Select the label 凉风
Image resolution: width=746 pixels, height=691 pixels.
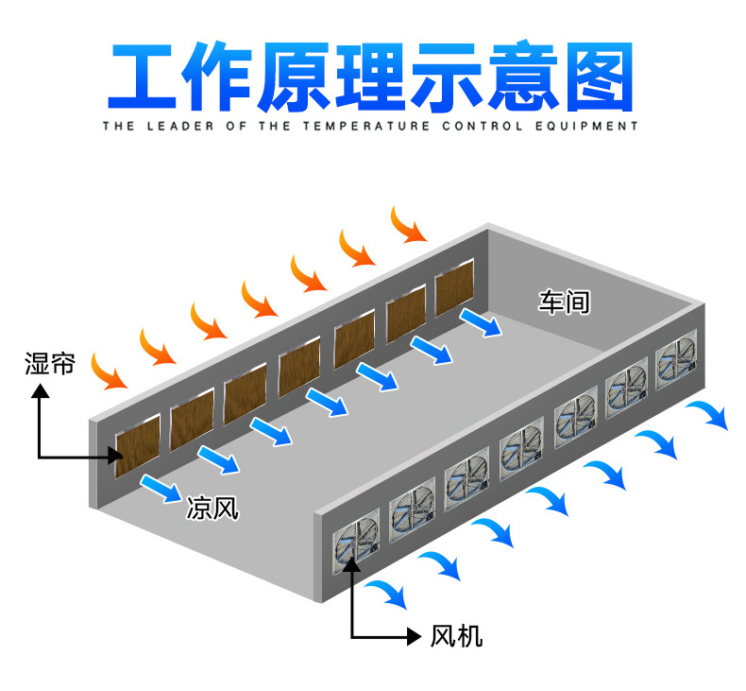coord(212,509)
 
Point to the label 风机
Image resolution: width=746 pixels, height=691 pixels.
coord(456,635)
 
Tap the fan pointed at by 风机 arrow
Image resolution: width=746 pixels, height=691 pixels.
coord(351,544)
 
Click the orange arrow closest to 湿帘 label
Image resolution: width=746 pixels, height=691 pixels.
coord(110,371)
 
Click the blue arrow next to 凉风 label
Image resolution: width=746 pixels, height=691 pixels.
coord(160,488)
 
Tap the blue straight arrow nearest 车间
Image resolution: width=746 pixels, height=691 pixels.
coord(482,322)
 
